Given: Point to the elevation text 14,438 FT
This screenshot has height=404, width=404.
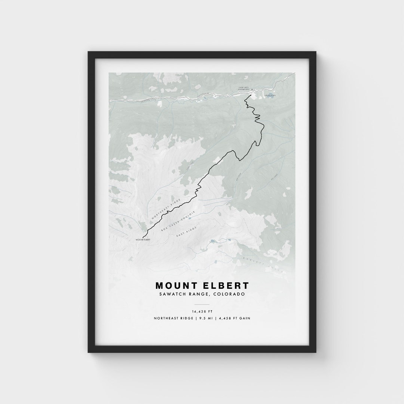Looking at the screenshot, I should (202, 311).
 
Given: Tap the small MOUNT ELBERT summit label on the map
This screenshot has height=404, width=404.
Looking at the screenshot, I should (143, 239).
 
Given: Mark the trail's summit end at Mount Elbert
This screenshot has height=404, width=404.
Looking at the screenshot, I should (143, 236).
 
